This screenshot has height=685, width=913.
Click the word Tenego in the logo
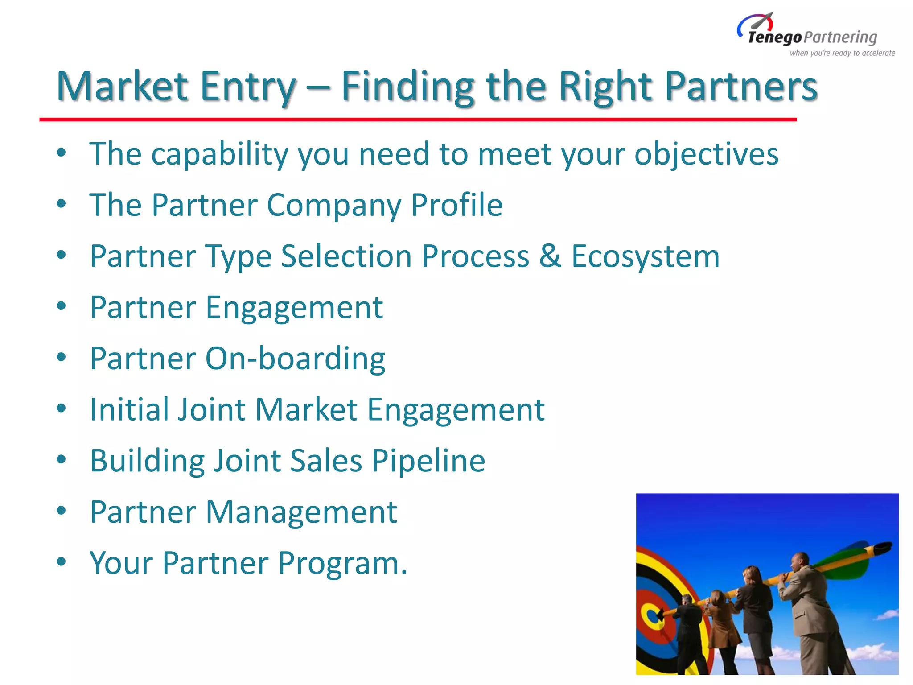point(775,38)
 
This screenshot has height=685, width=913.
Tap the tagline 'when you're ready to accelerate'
point(842,53)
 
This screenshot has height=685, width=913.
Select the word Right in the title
point(606,87)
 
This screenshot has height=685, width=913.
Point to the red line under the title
point(418,120)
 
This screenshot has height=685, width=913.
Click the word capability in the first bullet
point(220,154)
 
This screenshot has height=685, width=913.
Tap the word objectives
point(706,154)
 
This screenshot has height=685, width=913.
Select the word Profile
point(456,205)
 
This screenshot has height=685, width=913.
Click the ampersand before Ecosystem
point(550,256)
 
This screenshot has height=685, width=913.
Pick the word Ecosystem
point(646,257)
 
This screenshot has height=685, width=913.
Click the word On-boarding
point(295,359)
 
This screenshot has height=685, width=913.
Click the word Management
point(301,512)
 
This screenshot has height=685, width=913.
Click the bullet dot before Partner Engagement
point(62,306)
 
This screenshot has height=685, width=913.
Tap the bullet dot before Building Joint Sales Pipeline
point(62,459)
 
